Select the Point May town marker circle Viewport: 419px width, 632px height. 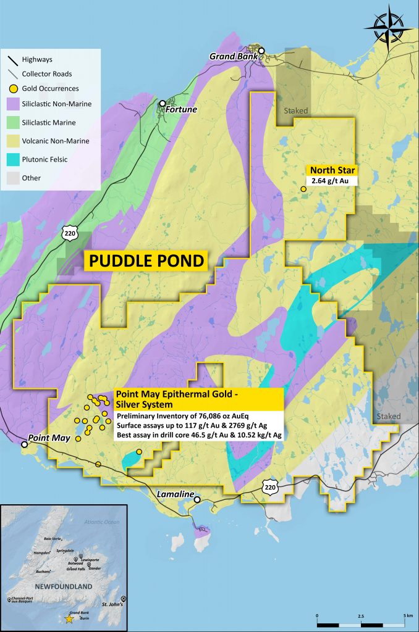(25, 444)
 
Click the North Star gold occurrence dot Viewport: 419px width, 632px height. (303, 189)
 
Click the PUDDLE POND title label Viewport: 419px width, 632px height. (146, 260)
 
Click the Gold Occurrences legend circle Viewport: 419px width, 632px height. (12, 88)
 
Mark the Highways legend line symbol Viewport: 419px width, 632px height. (12, 60)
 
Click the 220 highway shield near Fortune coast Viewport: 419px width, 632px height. (69, 233)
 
